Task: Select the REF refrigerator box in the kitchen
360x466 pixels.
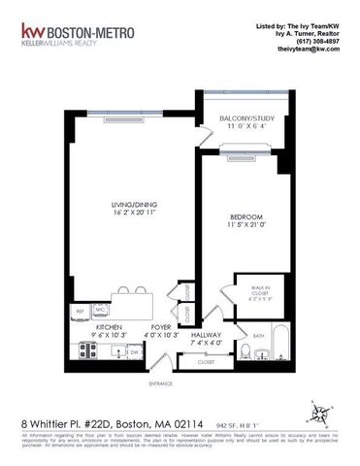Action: pos(79,312)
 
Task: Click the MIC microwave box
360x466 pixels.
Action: pos(101,311)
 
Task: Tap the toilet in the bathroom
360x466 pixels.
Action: pos(246,351)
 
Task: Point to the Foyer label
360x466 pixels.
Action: pos(161,328)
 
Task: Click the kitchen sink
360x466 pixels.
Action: pos(115,350)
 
